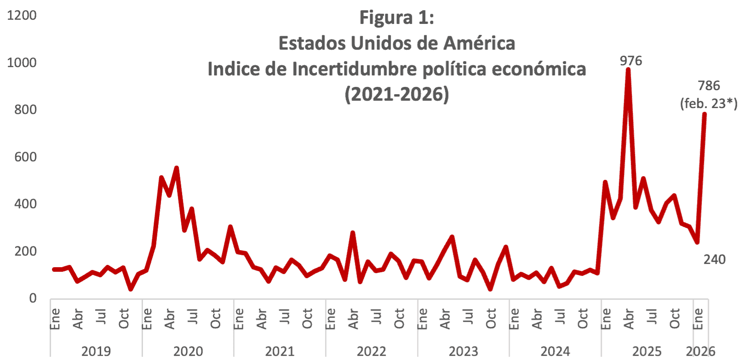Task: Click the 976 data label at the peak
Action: pyautogui.click(x=631, y=61)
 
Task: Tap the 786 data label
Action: pyautogui.click(x=708, y=86)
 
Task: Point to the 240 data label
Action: pyautogui.click(x=714, y=259)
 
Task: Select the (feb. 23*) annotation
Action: pyautogui.click(x=708, y=103)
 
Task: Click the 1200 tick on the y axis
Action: pyautogui.click(x=22, y=15)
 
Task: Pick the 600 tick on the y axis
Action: pyautogui.click(x=25, y=157)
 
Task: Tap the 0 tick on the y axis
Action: pyautogui.click(x=33, y=298)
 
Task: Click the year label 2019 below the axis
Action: pyautogui.click(x=96, y=352)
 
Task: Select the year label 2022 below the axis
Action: pyautogui.click(x=371, y=352)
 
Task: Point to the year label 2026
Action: pyautogui.click(x=701, y=352)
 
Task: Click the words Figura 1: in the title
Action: pyautogui.click(x=396, y=17)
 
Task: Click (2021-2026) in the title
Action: pyautogui.click(x=396, y=94)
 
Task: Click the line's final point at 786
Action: pyautogui.click(x=704, y=114)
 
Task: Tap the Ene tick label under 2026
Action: pyautogui.click(x=698, y=319)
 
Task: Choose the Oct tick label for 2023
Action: pyautogui.click(x=491, y=319)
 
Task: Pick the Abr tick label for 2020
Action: pyautogui.click(x=170, y=319)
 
